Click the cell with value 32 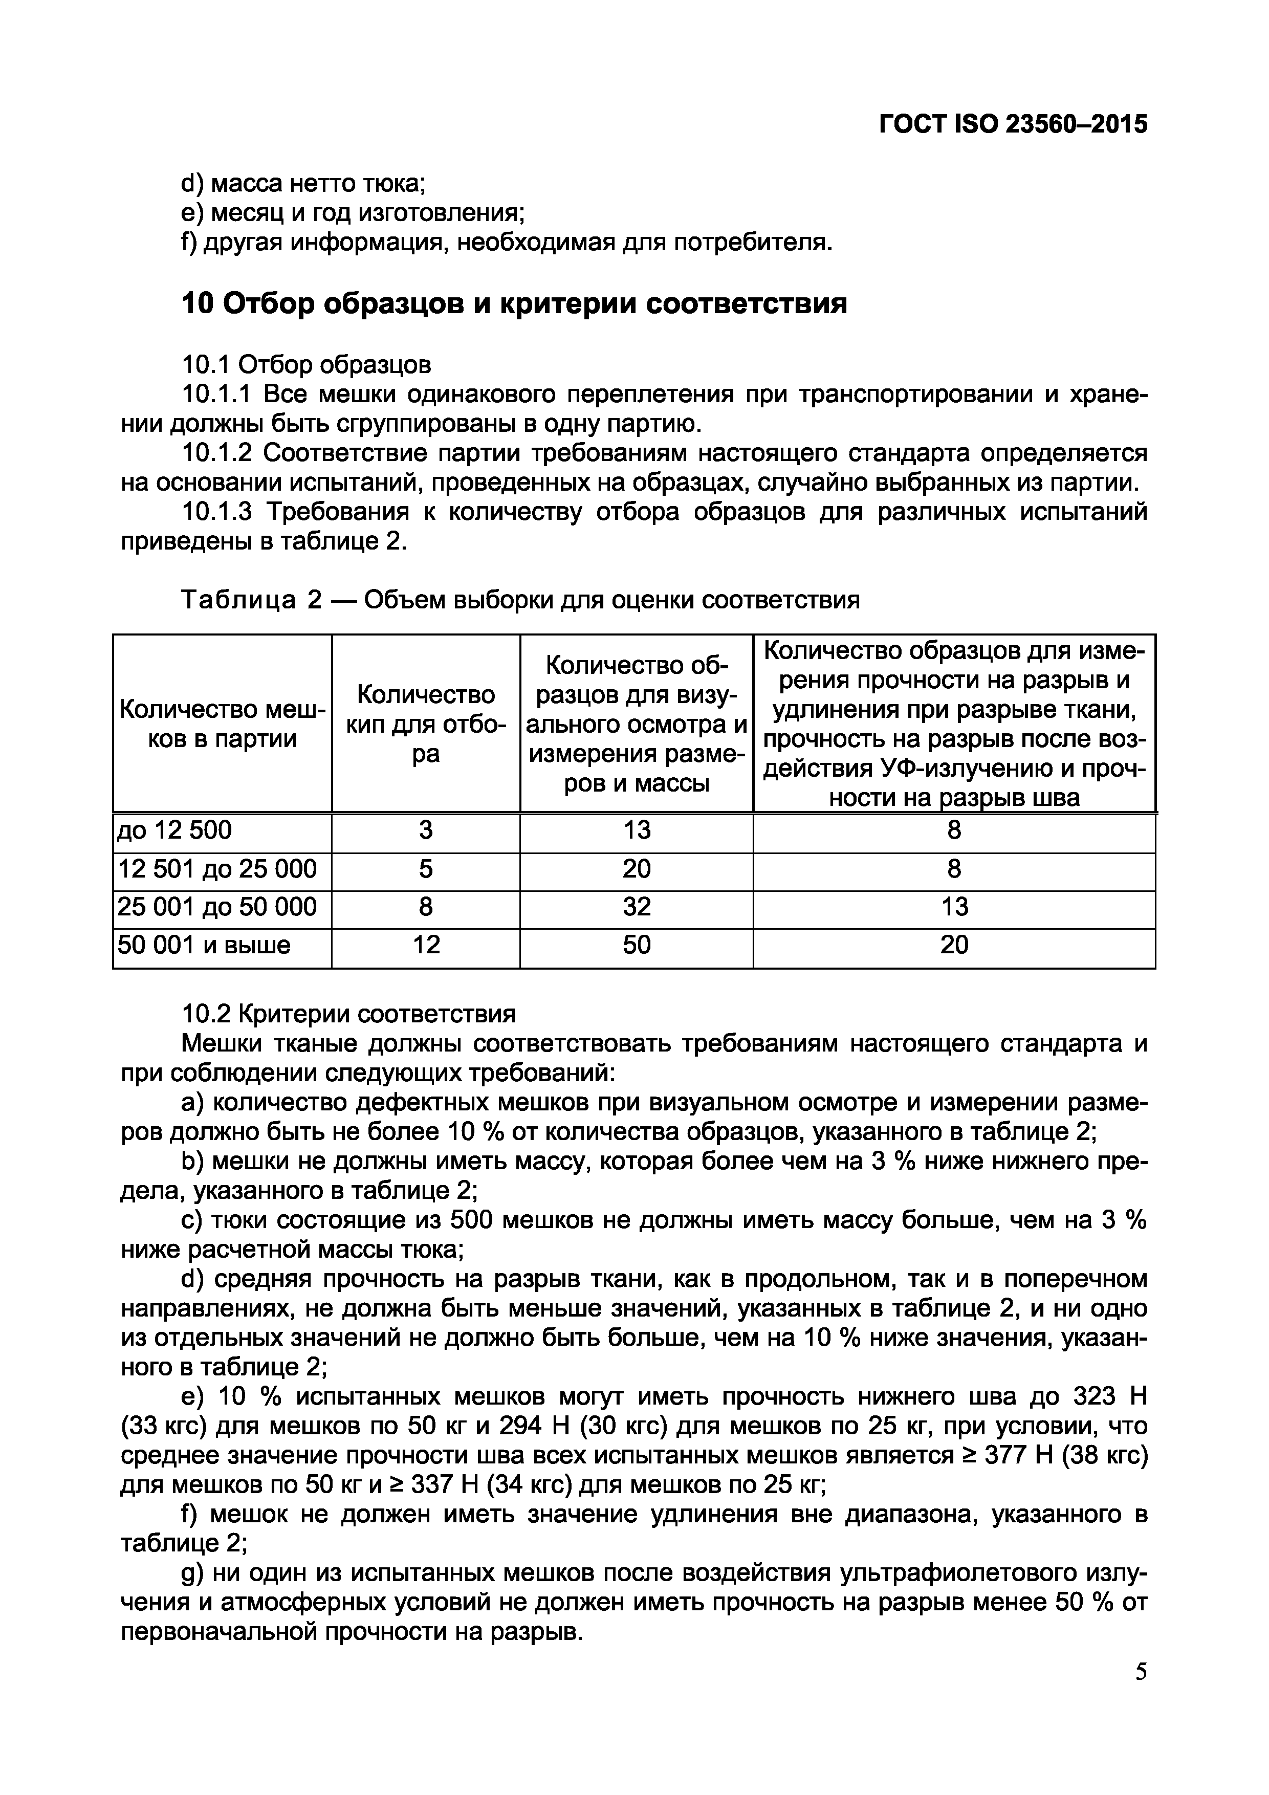[637, 906]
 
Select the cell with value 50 [637, 945]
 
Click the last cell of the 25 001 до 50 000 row [954, 906]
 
